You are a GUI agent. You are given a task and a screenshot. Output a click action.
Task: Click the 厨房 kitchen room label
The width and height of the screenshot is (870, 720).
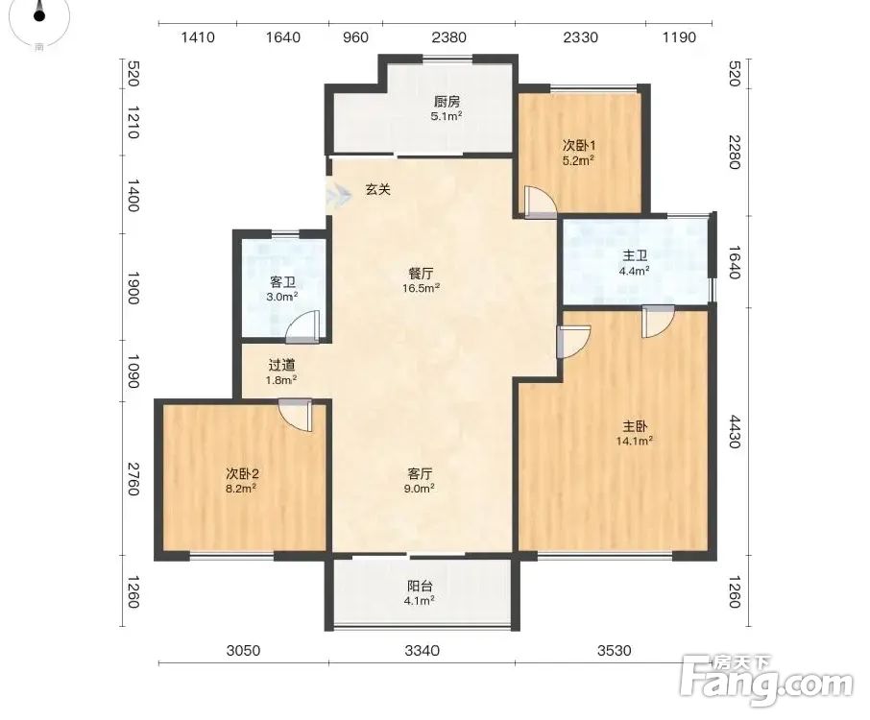447,102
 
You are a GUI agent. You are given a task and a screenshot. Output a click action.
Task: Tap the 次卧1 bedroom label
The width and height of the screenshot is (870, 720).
579,146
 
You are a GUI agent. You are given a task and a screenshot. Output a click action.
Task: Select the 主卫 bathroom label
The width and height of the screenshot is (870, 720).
634,255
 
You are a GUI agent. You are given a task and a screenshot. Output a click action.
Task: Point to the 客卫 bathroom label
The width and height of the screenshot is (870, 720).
282,282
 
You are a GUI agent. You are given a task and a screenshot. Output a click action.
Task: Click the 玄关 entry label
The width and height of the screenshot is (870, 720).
377,190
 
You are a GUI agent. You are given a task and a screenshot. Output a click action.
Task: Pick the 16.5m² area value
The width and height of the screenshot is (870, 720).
422,288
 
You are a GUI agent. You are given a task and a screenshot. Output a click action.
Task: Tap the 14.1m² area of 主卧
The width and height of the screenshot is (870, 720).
634,441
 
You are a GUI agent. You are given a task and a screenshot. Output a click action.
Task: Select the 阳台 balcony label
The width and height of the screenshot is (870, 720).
420,587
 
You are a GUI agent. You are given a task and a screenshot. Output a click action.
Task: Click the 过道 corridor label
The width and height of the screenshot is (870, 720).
281,366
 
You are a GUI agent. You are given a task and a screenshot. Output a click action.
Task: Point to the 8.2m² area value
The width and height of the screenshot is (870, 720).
241,489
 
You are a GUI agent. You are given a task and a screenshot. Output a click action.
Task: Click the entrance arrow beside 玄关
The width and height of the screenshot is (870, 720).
339,194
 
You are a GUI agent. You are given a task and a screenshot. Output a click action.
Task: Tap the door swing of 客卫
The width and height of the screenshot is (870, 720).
302,327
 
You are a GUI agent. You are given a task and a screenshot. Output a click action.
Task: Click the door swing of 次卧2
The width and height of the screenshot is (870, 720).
296,415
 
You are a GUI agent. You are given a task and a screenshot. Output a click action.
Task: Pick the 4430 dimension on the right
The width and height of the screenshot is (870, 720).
734,432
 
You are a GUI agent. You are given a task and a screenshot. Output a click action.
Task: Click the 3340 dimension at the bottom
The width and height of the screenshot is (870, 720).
422,650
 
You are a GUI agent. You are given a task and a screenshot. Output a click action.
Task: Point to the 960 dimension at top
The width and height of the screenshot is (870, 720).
355,37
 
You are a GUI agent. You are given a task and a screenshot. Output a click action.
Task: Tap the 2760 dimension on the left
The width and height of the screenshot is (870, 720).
133,479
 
